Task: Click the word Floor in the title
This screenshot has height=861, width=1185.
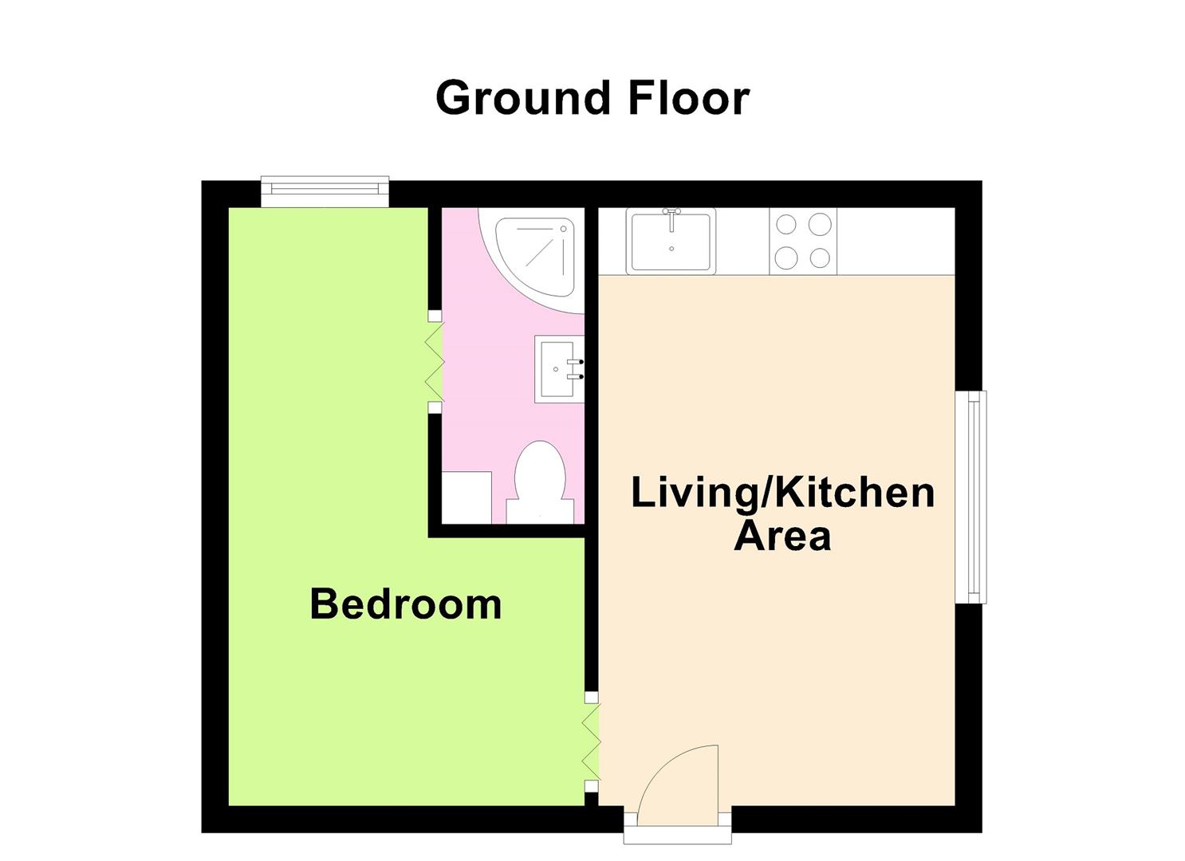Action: (688, 98)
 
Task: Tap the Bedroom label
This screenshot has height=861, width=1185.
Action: (406, 603)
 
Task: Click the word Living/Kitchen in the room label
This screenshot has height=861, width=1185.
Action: (782, 492)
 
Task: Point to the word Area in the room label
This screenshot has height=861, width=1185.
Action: (782, 535)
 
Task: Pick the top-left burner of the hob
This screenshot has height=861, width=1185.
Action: (785, 225)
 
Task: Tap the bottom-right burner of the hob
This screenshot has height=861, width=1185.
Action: (820, 258)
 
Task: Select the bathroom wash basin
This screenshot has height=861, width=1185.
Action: (559, 369)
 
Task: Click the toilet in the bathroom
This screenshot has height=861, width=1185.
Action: (540, 482)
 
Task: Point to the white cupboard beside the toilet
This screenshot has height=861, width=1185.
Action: (467, 497)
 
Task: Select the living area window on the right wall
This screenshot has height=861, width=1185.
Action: (971, 497)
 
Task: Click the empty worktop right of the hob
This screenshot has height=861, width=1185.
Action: (895, 241)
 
